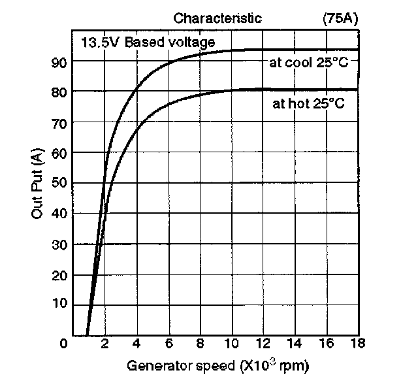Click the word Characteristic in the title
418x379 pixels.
217,18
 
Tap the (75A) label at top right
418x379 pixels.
339,18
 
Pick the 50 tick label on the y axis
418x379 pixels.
58,183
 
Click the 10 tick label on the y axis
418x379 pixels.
58,304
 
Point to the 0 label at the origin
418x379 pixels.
63,344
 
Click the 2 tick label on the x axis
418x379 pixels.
104,344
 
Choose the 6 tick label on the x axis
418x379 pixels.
168,344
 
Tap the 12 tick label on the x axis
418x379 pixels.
263,344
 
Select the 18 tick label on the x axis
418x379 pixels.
358,344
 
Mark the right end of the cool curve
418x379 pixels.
358,50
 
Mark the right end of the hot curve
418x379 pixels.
358,90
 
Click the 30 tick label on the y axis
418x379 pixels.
58,244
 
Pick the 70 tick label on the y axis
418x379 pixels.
58,123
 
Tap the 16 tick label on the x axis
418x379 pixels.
326,344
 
